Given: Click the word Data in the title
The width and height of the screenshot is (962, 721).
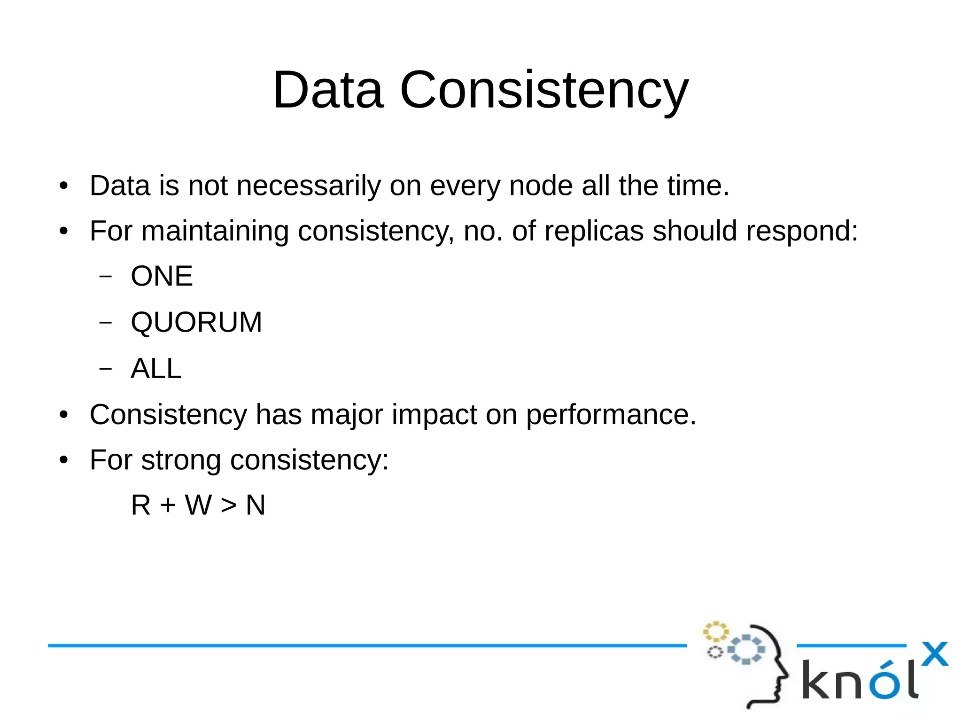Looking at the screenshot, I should click(x=328, y=90).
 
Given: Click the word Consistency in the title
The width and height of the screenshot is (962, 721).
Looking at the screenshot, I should click(x=544, y=90).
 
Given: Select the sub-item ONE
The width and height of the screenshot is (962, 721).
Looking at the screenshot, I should click(x=162, y=276).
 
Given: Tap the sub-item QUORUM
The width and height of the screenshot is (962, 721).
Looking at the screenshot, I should click(x=196, y=322).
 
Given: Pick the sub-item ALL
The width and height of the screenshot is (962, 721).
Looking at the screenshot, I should click(x=156, y=368).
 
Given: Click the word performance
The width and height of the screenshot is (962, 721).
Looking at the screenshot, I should click(x=611, y=415).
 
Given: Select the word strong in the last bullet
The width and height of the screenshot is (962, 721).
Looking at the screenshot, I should click(x=181, y=460).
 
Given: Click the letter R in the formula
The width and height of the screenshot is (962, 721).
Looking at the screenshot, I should click(x=141, y=505).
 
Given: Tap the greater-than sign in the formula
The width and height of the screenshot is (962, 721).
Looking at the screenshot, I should click(x=229, y=505).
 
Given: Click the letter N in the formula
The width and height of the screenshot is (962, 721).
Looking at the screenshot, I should click(x=256, y=505).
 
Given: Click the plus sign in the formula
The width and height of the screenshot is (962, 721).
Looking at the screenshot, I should click(x=168, y=505).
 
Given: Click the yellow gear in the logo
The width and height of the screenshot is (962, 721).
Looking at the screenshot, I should click(x=715, y=632).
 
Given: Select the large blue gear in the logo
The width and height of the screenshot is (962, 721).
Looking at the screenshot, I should click(x=747, y=649).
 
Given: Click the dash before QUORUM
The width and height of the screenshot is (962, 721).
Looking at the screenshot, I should click(x=106, y=322).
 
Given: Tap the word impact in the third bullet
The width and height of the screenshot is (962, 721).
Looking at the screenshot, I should click(x=434, y=415).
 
